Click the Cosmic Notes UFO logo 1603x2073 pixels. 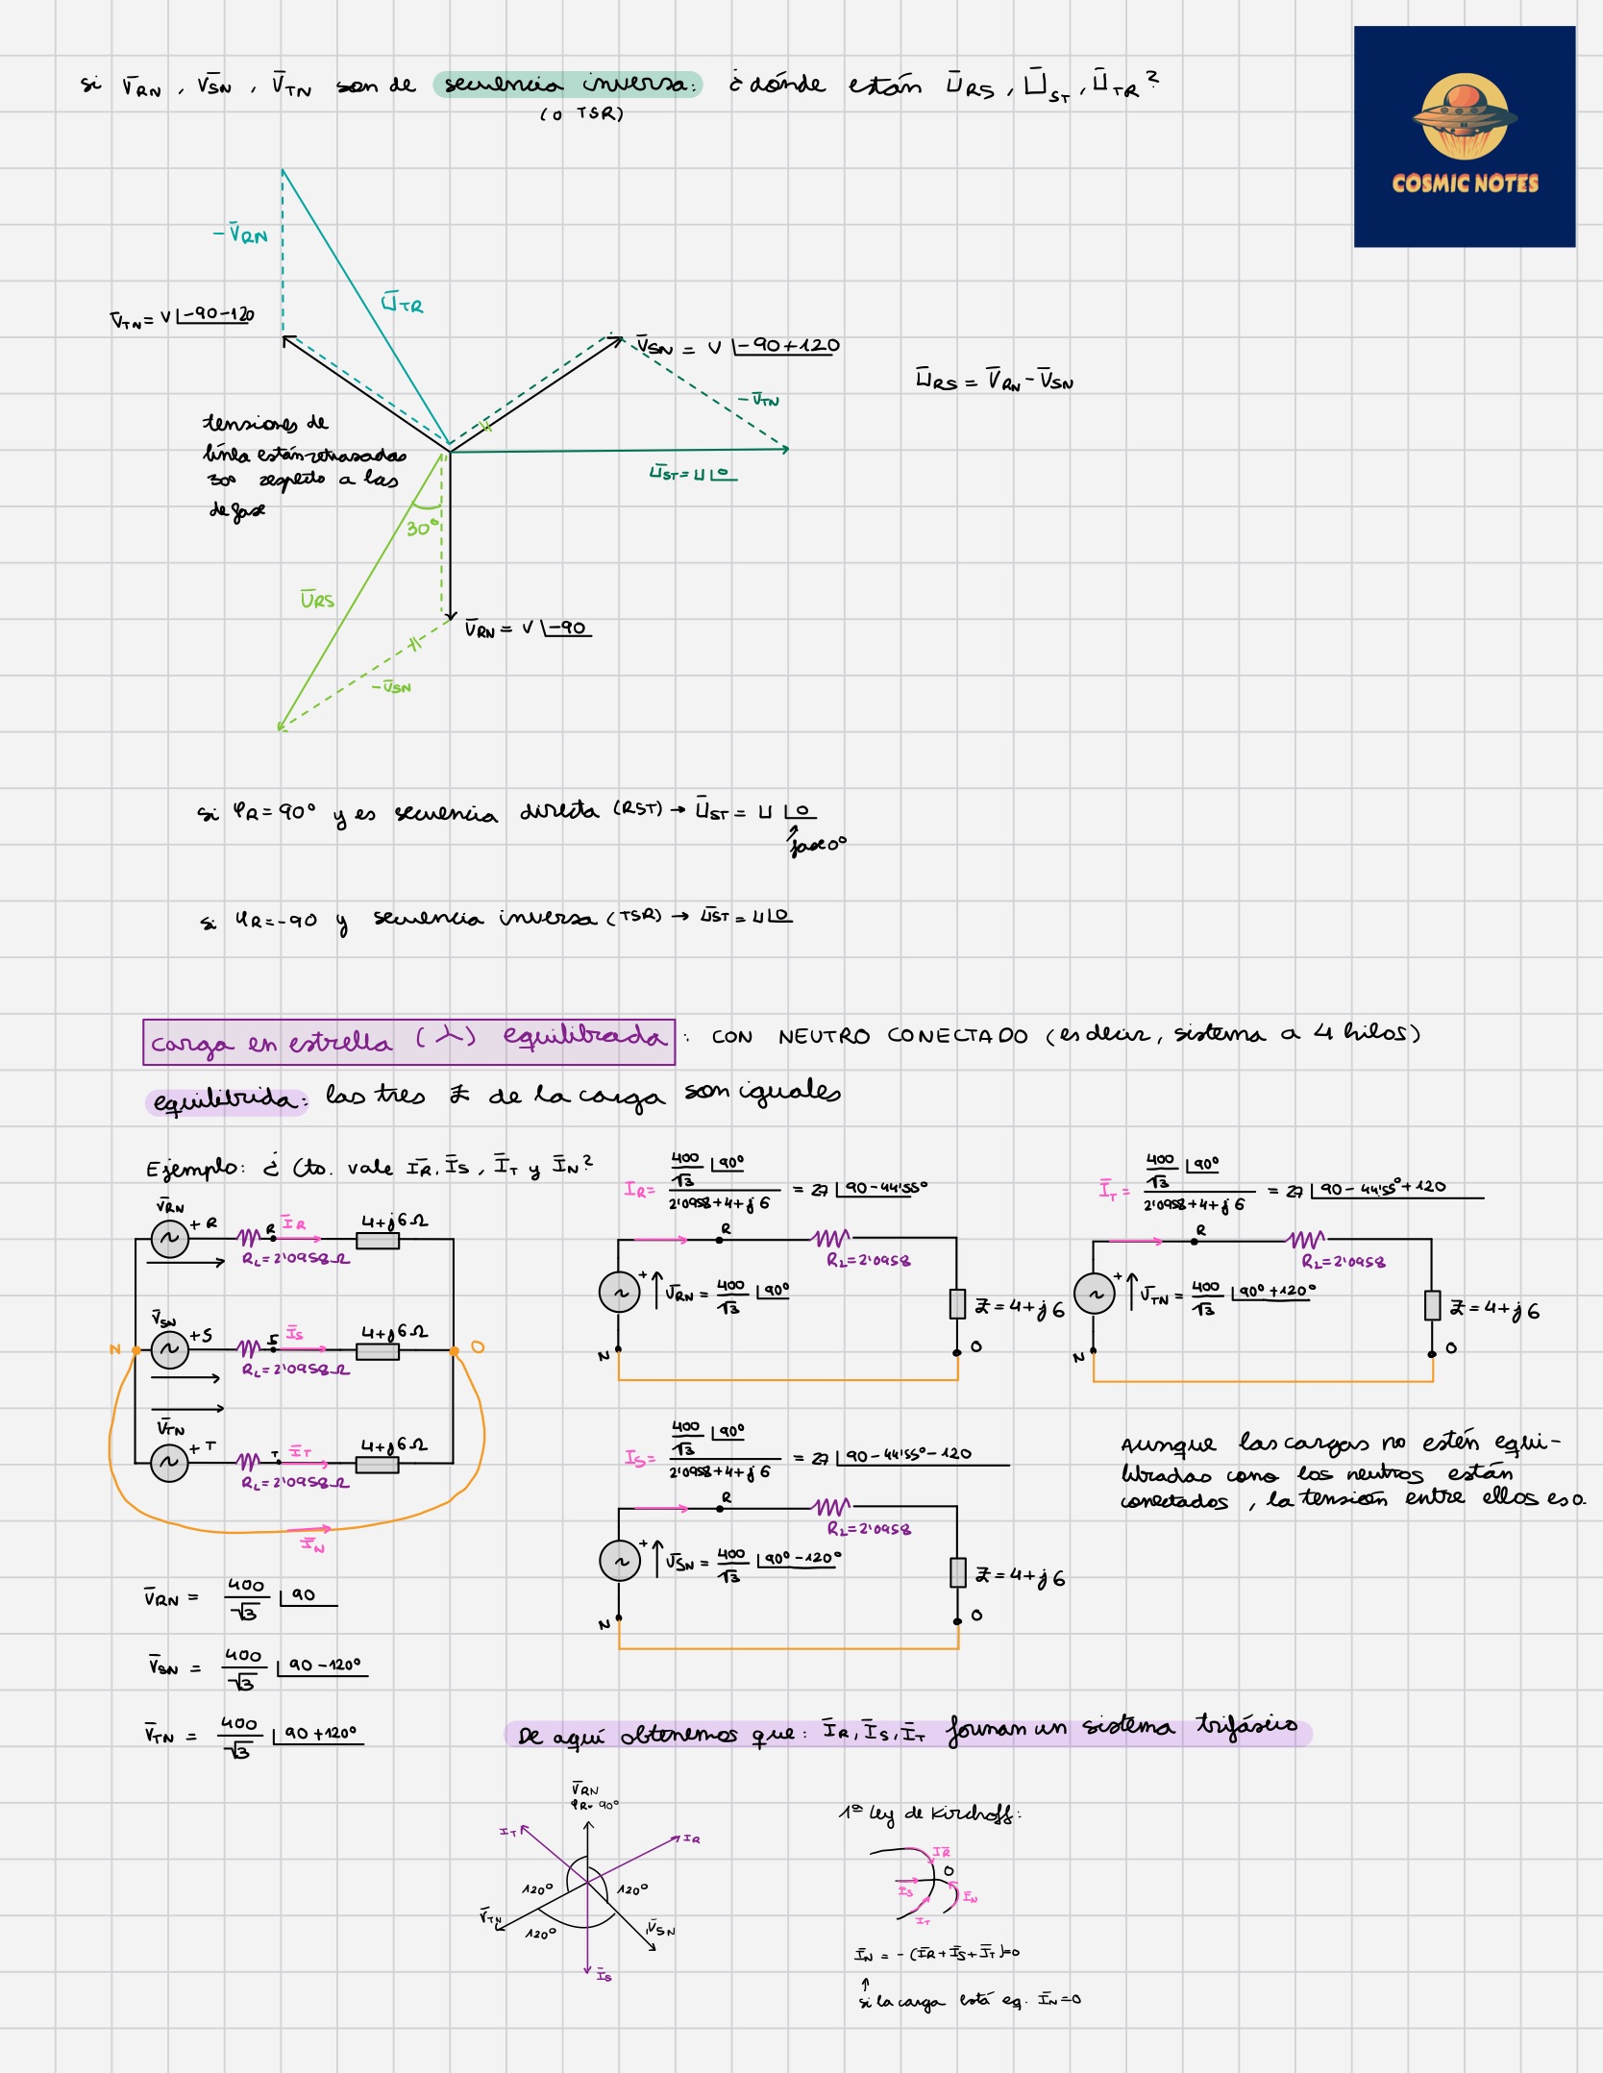[x=1464, y=136]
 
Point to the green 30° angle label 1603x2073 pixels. [x=421, y=528]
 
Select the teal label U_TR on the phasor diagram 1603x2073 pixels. [x=402, y=304]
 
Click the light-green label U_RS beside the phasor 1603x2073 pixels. [x=317, y=600]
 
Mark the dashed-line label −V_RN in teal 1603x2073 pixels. [x=240, y=234]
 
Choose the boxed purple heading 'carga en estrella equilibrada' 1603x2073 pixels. [x=408, y=1041]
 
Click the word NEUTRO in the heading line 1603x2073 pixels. [x=824, y=1037]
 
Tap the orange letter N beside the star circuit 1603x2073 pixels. [x=116, y=1349]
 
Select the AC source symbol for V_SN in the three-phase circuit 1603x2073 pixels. [x=170, y=1349]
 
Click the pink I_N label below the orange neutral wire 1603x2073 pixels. [x=312, y=1545]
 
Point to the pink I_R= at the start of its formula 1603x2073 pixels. [x=639, y=1190]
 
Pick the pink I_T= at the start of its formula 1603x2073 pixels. [x=1114, y=1190]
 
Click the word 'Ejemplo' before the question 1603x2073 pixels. [x=194, y=1169]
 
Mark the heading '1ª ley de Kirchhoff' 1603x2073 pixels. [x=929, y=1814]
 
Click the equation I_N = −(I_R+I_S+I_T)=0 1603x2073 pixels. [x=937, y=1954]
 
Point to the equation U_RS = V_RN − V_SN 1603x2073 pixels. [x=994, y=381]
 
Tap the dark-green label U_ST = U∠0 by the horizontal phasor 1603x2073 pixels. [x=692, y=474]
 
